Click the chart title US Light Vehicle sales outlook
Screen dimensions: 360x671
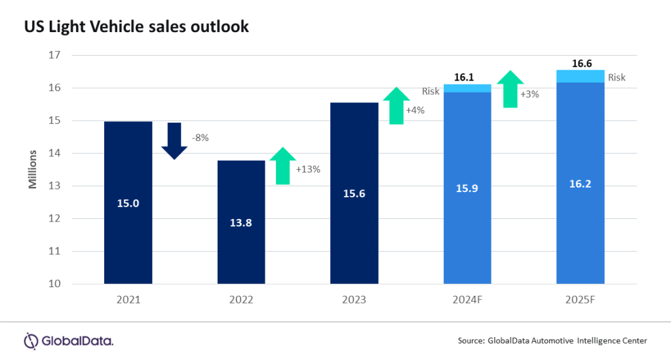136,27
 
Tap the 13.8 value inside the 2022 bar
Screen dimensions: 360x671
241,222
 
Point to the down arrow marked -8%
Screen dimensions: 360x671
174,140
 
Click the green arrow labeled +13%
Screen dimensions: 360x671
282,166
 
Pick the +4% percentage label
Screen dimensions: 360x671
415,110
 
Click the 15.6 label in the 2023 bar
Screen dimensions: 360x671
355,193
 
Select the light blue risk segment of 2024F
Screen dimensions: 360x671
467,88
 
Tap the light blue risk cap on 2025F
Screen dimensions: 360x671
580,76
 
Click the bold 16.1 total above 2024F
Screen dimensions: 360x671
464,77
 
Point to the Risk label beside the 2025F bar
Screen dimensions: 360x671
617,77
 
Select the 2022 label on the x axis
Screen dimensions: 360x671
241,300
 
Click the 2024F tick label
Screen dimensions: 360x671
467,300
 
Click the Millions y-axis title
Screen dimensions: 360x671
32,170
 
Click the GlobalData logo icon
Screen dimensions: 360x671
31,340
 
